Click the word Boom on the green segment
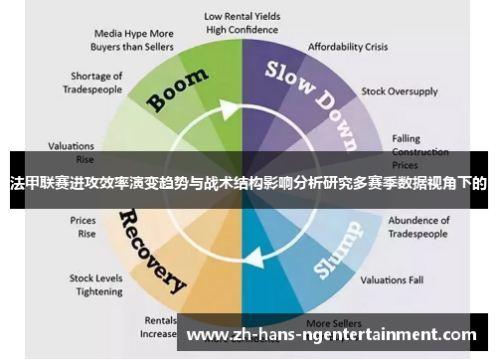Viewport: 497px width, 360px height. [x=178, y=90]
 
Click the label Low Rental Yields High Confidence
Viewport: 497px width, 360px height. [x=242, y=23]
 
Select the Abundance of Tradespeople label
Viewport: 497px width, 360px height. [x=418, y=227]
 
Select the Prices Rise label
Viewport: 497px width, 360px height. [x=83, y=227]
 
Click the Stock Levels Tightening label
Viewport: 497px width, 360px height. [x=95, y=285]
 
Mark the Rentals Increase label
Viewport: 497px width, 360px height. [x=159, y=327]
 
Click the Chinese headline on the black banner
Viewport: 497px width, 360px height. [x=248, y=183]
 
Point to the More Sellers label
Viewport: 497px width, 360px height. [x=332, y=323]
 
